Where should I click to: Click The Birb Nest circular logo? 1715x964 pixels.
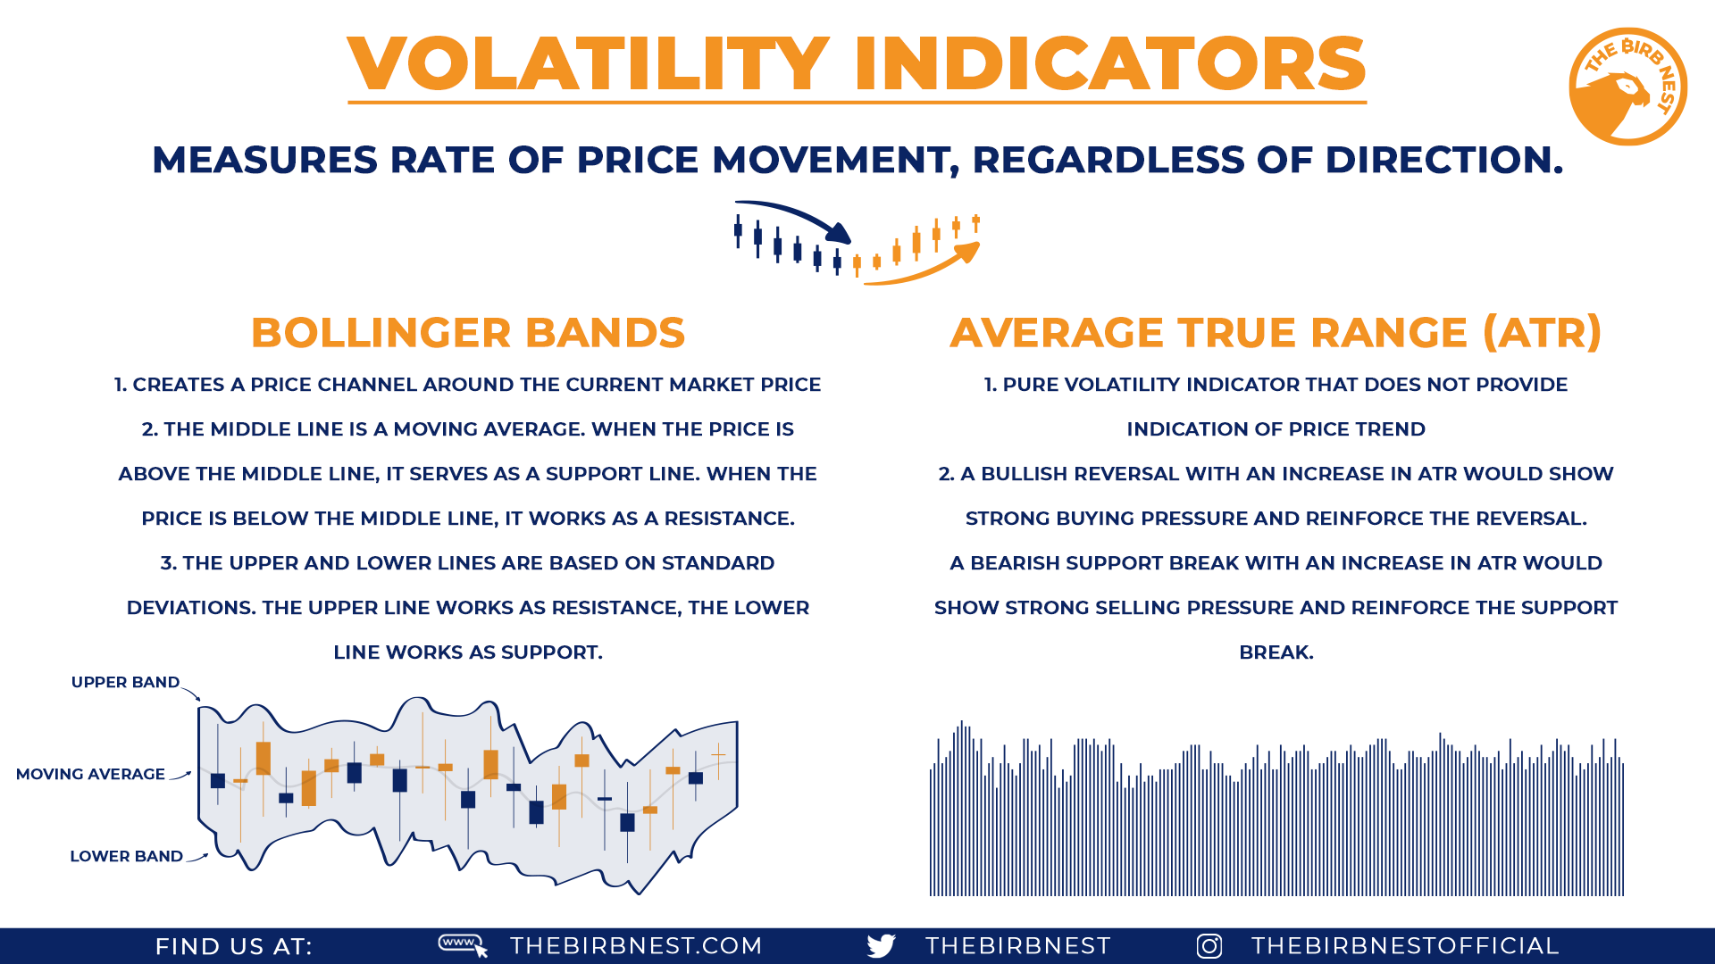(1627, 87)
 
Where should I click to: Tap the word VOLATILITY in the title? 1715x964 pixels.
(589, 64)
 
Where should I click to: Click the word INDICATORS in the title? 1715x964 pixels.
(1109, 64)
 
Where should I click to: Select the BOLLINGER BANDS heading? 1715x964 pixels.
(468, 333)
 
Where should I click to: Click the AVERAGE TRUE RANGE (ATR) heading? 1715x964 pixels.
(1276, 333)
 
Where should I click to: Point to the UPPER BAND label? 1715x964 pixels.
(125, 683)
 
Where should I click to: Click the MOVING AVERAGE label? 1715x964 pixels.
(90, 775)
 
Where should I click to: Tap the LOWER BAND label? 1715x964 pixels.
(126, 857)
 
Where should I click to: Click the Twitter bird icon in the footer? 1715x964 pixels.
(881, 946)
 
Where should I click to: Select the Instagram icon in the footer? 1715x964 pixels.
(1209, 946)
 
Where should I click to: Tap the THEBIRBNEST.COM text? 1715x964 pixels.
(636, 946)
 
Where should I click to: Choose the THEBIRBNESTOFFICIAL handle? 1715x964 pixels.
(1405, 946)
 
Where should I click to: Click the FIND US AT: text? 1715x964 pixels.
(234, 947)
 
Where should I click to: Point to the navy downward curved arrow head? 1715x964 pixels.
(840, 234)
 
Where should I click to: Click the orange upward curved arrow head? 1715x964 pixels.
(968, 253)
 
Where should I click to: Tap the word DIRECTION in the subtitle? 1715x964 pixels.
(1443, 161)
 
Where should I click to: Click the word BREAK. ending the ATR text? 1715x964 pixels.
(1276, 652)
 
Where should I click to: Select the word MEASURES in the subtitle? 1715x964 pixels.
(265, 161)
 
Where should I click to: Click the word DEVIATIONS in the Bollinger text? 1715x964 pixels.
(191, 608)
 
